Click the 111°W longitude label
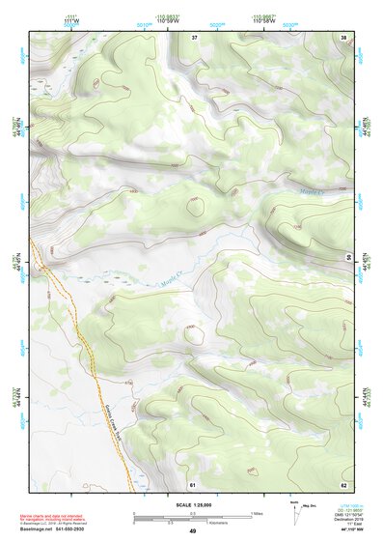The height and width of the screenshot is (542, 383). click(69, 22)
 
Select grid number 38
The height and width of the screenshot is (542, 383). click(344, 37)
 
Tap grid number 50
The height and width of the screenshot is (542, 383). click(348, 257)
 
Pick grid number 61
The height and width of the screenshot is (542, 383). click(193, 484)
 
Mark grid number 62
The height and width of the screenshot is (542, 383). click(343, 484)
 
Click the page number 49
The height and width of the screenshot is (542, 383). click(192, 532)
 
